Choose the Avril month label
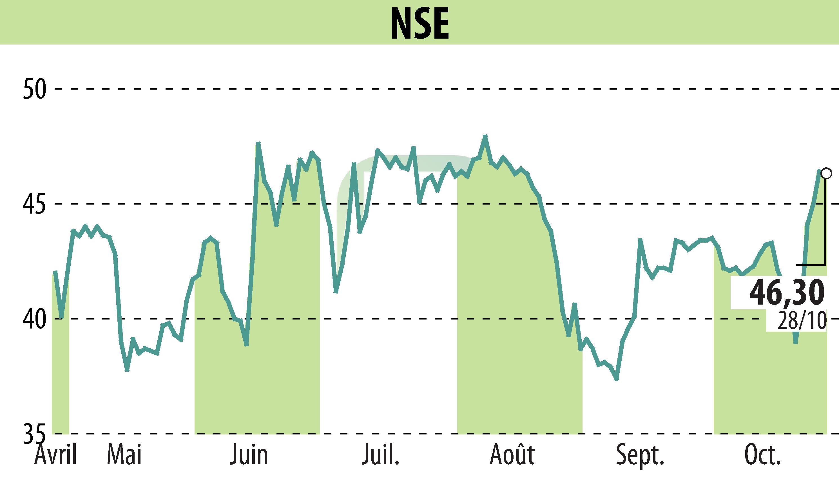click(x=56, y=455)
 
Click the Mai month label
click(x=124, y=455)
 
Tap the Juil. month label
click(x=380, y=455)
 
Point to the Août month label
click(x=512, y=455)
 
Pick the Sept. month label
click(x=640, y=455)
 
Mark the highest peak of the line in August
click(x=485, y=136)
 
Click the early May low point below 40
click(x=127, y=370)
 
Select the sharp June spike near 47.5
click(x=258, y=143)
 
